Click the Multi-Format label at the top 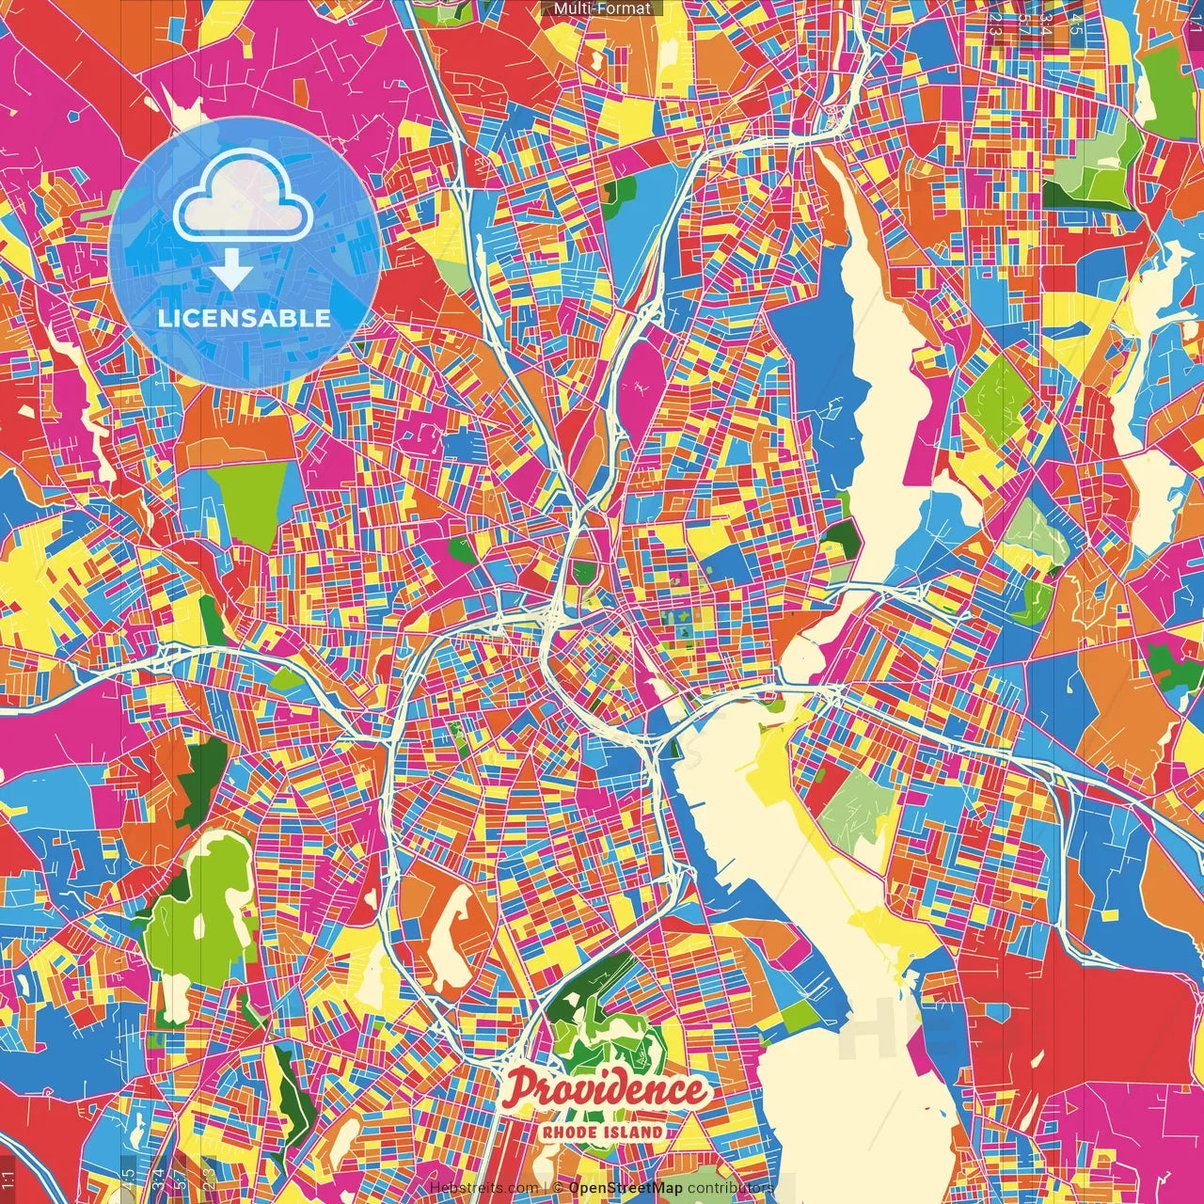point(602,8)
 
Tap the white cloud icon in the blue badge point(244,199)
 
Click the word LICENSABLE point(244,318)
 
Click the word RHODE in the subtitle point(572,1133)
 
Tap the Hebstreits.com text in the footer point(483,1188)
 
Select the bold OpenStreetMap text point(626,1188)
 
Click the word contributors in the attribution point(730,1188)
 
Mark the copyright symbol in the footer point(558,1188)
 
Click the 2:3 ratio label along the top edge point(996,21)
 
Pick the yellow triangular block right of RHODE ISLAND point(691,1133)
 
